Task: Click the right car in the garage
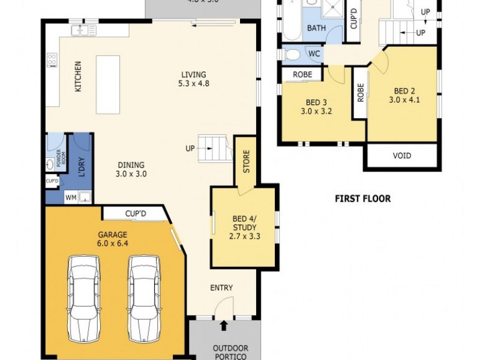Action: (143, 297)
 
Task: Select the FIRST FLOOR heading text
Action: (362, 199)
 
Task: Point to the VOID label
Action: (402, 155)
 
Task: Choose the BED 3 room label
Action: (316, 106)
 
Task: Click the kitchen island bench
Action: (108, 85)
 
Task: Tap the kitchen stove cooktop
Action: (52, 60)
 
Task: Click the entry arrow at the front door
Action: (224, 326)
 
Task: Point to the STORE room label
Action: (245, 160)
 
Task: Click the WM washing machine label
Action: (70, 196)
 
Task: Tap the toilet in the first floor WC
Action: (293, 55)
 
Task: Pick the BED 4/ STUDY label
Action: (244, 227)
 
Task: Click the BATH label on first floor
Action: (316, 28)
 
